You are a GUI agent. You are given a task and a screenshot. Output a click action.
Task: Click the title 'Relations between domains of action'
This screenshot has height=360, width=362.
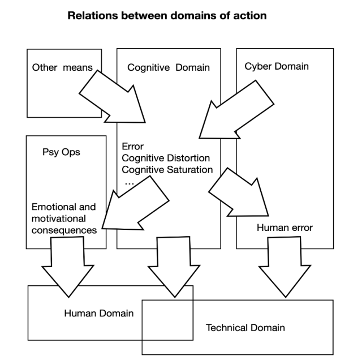[167, 16]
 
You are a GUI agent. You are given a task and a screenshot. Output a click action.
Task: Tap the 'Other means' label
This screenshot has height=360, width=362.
[62, 67]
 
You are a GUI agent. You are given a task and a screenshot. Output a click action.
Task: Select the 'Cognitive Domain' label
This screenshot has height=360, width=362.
[169, 68]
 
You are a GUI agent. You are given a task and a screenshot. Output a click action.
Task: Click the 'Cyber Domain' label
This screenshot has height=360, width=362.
[277, 67]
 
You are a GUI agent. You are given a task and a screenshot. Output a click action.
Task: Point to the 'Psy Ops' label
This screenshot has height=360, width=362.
[61, 152]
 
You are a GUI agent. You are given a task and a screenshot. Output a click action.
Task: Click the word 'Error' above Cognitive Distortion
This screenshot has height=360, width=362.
[132, 146]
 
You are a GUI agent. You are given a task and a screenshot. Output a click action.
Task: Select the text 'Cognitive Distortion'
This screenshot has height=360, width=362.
[166, 158]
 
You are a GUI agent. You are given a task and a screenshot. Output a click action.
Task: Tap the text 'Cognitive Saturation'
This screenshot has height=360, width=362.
[167, 170]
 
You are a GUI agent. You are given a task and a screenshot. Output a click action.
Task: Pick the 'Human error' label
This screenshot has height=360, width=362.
[285, 228]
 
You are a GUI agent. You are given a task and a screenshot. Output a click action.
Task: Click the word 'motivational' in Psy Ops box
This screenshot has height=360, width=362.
[59, 218]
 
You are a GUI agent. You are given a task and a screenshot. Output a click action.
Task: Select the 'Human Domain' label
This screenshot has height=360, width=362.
[99, 314]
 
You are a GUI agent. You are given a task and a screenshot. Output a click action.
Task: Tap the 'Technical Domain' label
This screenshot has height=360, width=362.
[245, 328]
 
